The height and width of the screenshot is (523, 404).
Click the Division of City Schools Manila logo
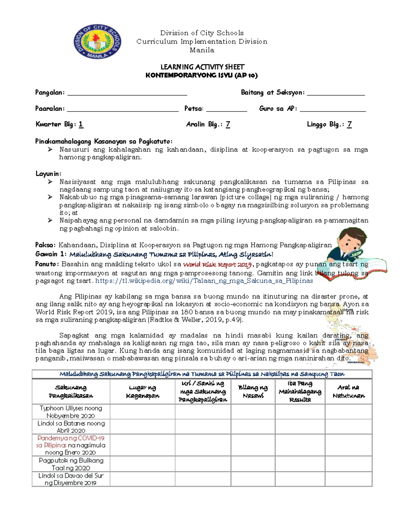point(97,42)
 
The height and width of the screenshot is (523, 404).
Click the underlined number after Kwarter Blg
point(81,125)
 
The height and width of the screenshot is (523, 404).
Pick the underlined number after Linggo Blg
point(349,125)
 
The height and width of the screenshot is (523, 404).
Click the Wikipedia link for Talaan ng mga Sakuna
point(204,281)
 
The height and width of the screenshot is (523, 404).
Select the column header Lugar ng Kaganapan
point(142,392)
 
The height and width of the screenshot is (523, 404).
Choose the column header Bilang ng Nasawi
point(253,392)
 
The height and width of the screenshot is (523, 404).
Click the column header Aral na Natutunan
point(348,392)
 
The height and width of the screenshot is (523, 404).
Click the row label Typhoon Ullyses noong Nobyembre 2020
point(71,412)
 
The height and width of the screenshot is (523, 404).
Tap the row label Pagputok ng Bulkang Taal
point(71,464)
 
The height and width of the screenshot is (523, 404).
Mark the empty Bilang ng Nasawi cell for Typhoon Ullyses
point(253,412)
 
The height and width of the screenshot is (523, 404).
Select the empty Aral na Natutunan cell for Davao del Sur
point(348,479)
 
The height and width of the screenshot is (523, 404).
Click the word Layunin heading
point(48,174)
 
